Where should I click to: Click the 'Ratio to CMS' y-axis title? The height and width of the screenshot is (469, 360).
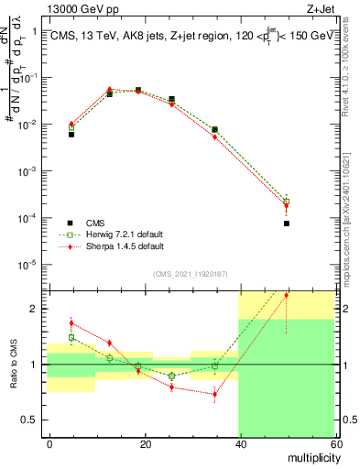point(13,363)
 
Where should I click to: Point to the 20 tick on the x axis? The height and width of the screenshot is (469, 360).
point(145,442)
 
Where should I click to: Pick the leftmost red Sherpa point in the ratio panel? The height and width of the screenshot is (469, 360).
point(71,323)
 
